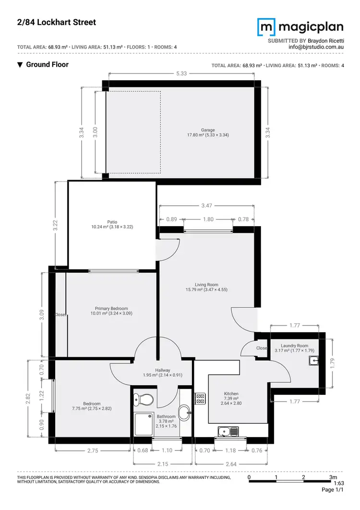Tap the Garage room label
(207, 133)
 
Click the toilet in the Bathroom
(143, 399)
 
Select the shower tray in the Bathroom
(144, 425)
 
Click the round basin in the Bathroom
(184, 412)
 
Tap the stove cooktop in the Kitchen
(200, 399)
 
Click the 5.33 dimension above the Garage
(181, 73)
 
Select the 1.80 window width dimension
(208, 219)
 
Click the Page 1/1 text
(333, 490)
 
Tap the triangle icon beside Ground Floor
(20, 65)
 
